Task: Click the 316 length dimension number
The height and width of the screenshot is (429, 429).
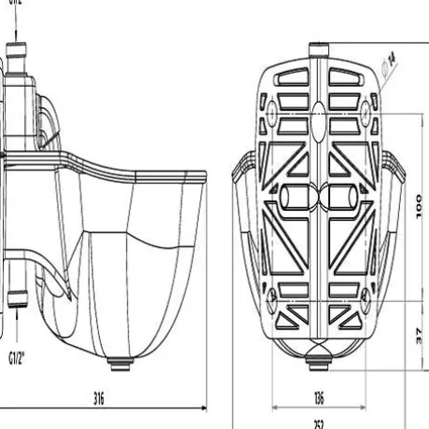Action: point(99,398)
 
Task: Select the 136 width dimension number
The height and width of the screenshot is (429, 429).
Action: point(319,398)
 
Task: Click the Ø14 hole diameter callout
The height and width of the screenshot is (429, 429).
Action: point(389,61)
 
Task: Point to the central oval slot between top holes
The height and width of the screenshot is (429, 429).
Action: point(319,110)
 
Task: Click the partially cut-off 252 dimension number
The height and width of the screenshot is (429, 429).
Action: point(319,424)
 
